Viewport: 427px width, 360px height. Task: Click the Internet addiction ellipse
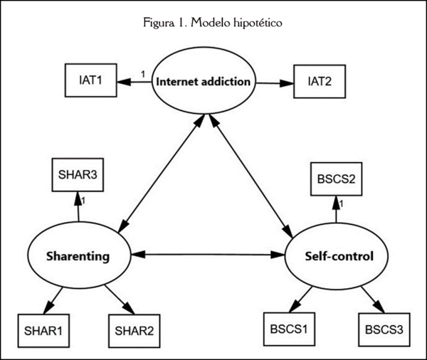pyautogui.click(x=204, y=81)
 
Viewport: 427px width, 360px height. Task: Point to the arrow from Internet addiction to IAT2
pyautogui.click(x=273, y=83)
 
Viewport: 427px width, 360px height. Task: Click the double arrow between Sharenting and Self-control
pyautogui.click(x=207, y=253)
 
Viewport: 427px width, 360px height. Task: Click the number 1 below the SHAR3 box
pyautogui.click(x=83, y=202)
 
